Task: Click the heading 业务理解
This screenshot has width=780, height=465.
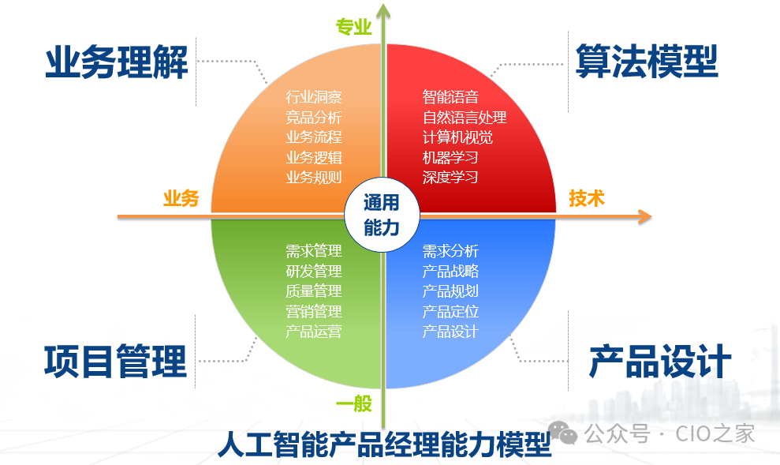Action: pyautogui.click(x=117, y=62)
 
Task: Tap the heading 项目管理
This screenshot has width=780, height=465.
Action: pyautogui.click(x=115, y=361)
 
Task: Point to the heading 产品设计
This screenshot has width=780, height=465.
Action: pyautogui.click(x=660, y=362)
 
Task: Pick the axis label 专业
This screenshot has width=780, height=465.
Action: pyautogui.click(x=353, y=28)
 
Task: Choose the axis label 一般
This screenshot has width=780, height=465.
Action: pyautogui.click(x=353, y=404)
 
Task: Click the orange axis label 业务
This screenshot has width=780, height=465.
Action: pyautogui.click(x=181, y=198)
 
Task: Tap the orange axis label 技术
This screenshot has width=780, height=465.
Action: pyautogui.click(x=586, y=198)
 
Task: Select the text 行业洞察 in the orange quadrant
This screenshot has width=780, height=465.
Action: pyautogui.click(x=313, y=98)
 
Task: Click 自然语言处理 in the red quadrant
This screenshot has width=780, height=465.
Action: pyautogui.click(x=464, y=118)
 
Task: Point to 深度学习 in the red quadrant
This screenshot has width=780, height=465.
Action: pyautogui.click(x=450, y=177)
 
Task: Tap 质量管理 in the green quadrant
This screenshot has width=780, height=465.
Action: pyautogui.click(x=313, y=291)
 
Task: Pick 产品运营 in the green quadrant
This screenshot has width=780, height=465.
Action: pyautogui.click(x=313, y=331)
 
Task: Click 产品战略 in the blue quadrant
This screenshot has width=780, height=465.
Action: pyautogui.click(x=450, y=271)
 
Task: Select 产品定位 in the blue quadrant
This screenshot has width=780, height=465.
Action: pyautogui.click(x=450, y=311)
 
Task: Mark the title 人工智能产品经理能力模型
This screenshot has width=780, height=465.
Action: pyautogui.click(x=384, y=444)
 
